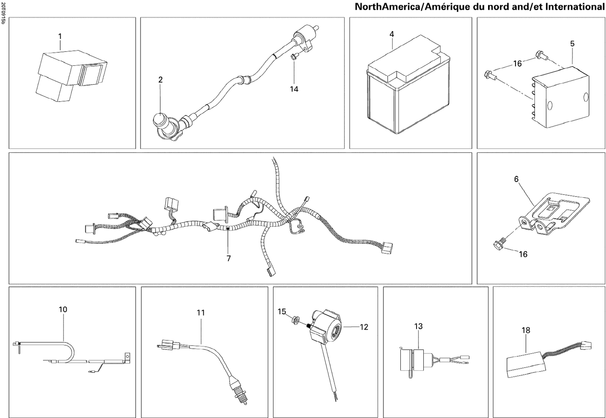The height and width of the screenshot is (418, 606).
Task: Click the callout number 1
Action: [x=60, y=36]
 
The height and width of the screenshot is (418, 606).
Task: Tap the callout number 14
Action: [x=294, y=89]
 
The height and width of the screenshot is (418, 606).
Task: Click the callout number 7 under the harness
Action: [x=229, y=259]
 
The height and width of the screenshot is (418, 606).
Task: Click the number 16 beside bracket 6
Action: [x=523, y=254]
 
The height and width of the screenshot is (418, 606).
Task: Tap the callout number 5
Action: [x=572, y=44]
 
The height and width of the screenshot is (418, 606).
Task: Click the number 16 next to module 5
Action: [x=517, y=63]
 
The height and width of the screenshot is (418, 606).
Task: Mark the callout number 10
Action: [x=63, y=309]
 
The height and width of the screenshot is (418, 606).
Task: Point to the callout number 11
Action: [x=201, y=313]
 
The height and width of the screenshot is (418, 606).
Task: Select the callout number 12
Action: [x=364, y=327]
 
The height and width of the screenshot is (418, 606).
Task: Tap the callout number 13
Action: [x=418, y=326]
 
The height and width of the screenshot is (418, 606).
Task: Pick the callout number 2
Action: [x=160, y=80]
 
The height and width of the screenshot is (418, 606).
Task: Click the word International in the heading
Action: [x=574, y=7]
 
